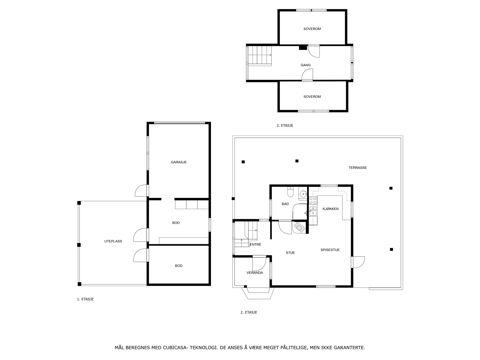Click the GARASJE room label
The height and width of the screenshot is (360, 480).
[178, 162]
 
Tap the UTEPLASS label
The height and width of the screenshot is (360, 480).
[113, 241]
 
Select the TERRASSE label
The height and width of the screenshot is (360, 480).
[358, 168]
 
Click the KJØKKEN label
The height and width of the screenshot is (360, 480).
[331, 209]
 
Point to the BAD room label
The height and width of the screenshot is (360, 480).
[285, 204]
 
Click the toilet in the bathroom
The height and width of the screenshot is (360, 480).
[290, 192]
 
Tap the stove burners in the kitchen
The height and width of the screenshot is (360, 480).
[313, 200]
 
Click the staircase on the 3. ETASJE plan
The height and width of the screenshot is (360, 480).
[260, 55]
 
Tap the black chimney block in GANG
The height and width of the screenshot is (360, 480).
[303, 47]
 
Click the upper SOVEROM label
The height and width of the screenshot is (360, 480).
[312, 29]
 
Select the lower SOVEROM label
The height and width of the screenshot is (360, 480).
[312, 97]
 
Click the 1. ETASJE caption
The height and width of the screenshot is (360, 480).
[85, 299]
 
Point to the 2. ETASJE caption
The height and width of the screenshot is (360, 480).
[249, 312]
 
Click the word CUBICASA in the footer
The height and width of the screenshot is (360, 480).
[174, 348]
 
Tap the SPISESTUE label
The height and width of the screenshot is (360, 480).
[330, 250]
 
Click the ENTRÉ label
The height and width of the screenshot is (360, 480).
[255, 244]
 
